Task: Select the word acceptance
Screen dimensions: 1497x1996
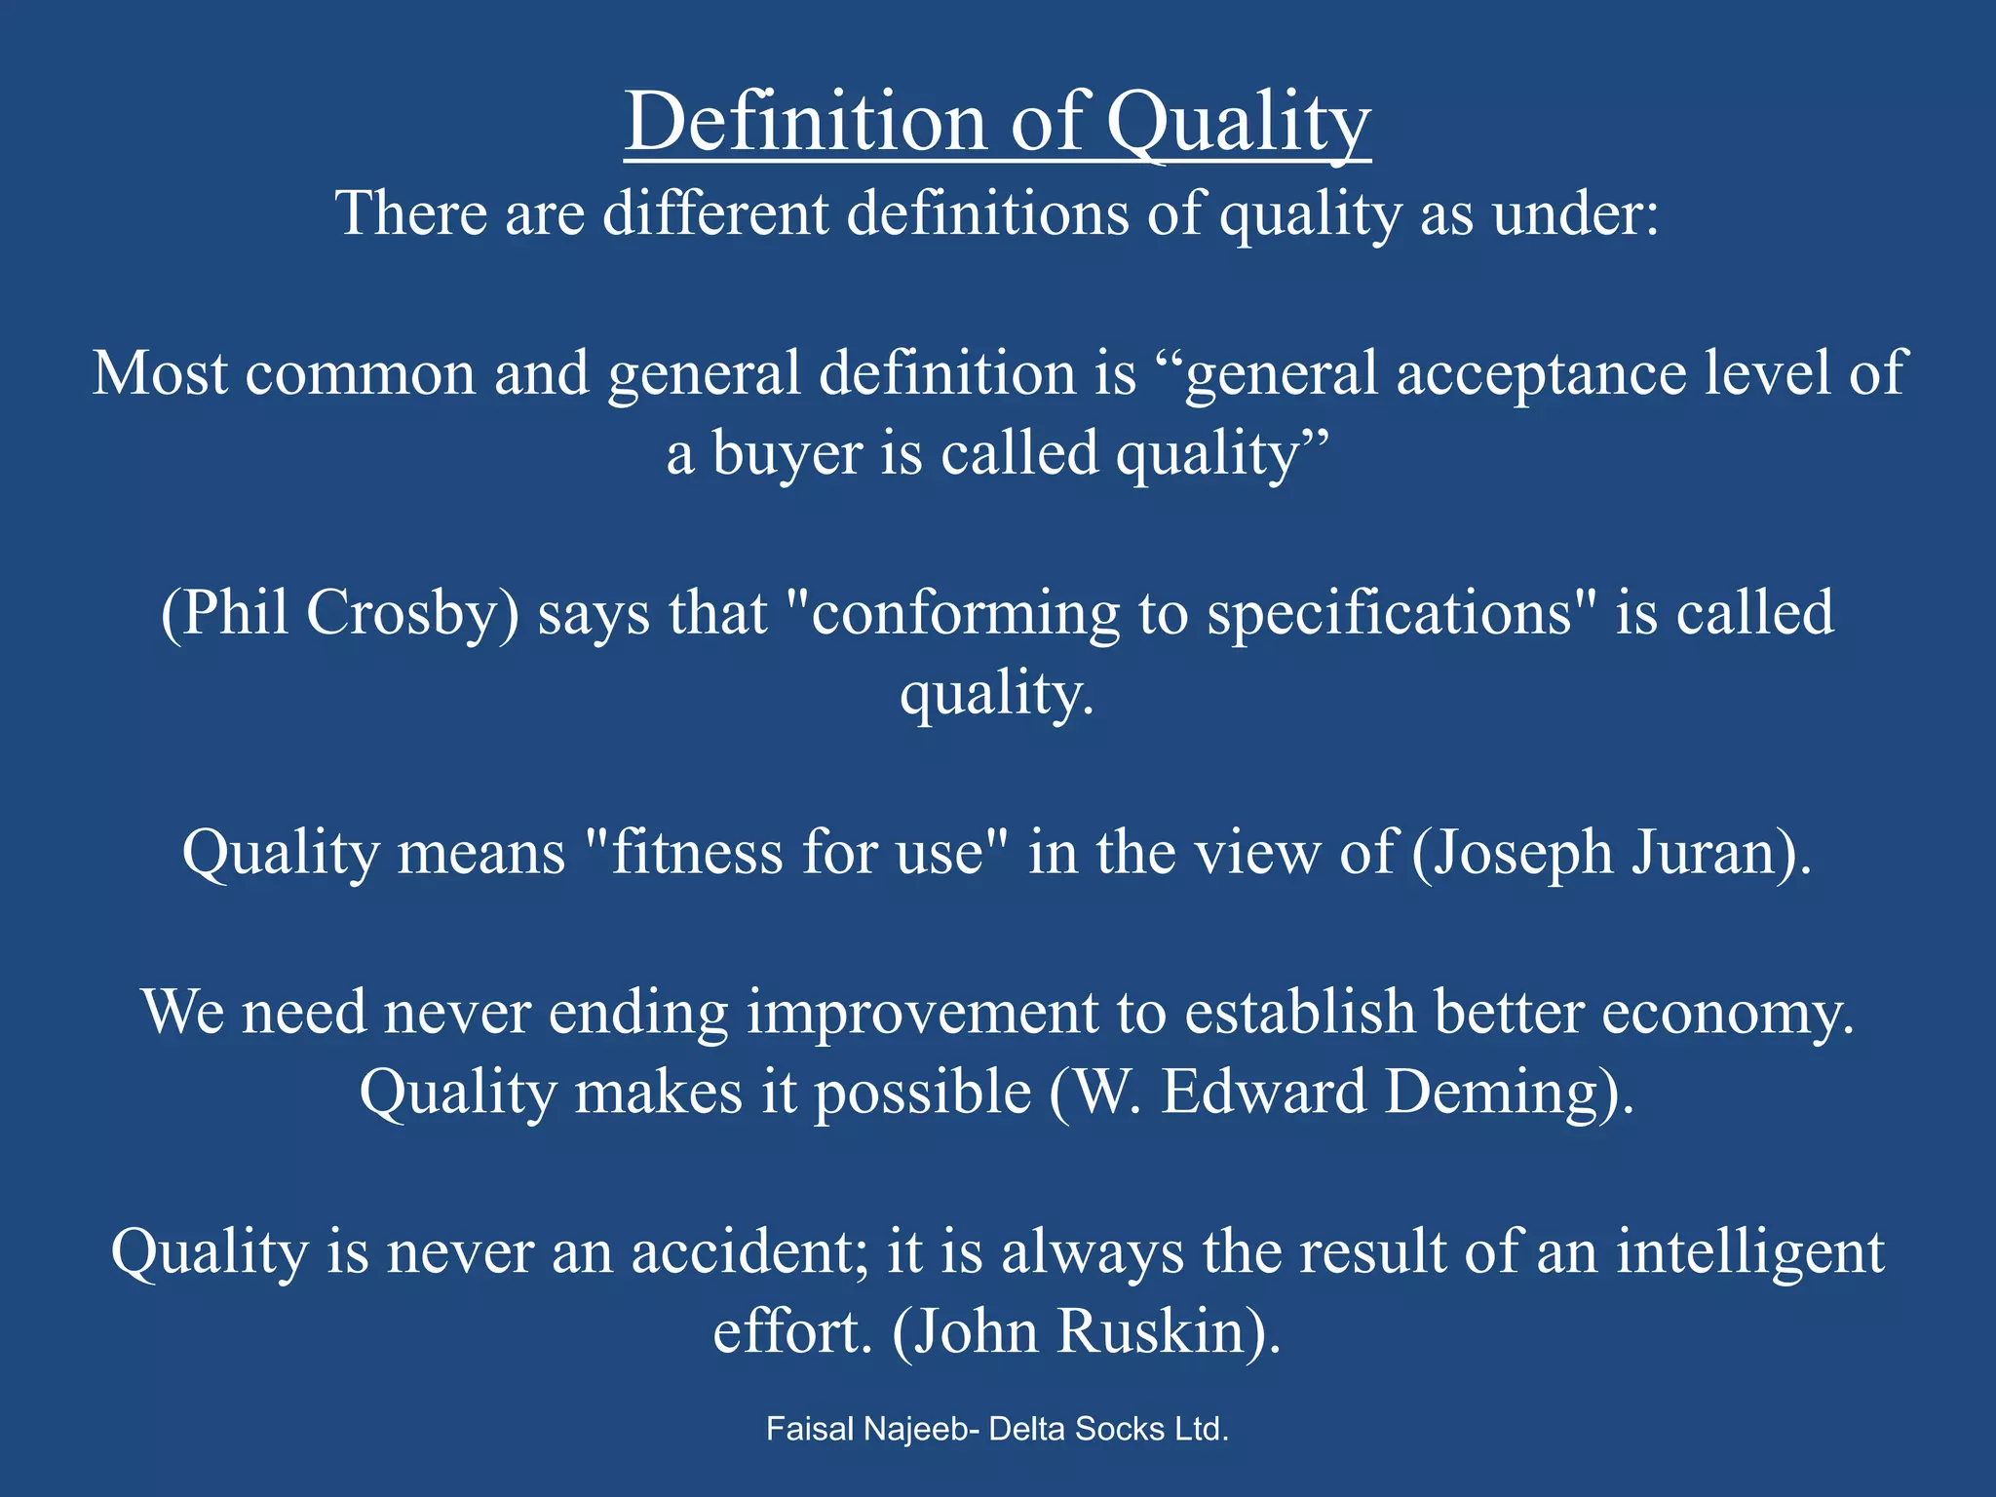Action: pyautogui.click(x=1541, y=373)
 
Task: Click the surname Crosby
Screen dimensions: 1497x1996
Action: pyautogui.click(x=411, y=613)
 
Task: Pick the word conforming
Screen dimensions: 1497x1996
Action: pyautogui.click(x=965, y=615)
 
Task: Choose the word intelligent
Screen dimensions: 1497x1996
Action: pyautogui.click(x=1750, y=1252)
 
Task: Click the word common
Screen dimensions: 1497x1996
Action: pyautogui.click(x=360, y=373)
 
